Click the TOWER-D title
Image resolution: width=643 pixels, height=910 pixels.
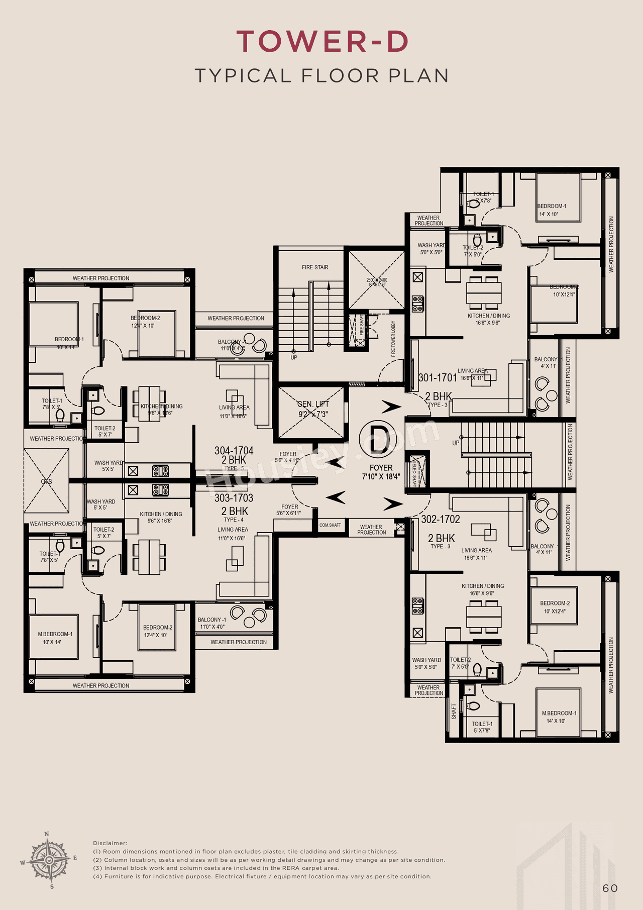322,41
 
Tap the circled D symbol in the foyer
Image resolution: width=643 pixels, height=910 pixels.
378,439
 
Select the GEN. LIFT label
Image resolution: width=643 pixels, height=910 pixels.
313,404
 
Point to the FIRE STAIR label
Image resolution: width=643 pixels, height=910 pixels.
315,267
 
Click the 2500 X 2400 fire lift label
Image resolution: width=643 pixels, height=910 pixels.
377,282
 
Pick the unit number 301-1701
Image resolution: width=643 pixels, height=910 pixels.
438,377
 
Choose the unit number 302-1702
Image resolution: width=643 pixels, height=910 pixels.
441,519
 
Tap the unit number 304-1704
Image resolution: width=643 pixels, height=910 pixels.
234,451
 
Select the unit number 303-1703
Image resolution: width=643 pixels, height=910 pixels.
234,498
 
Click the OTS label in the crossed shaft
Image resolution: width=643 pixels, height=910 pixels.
46,481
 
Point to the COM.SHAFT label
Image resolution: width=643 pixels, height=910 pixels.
330,525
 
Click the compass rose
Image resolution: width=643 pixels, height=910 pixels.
49,860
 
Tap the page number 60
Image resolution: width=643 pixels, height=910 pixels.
610,888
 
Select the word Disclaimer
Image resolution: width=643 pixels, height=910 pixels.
110,843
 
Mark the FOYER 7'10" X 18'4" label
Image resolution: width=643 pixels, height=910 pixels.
381,472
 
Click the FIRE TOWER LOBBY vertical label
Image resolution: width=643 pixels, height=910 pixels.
393,339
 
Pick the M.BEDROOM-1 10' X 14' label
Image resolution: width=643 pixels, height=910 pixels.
55,638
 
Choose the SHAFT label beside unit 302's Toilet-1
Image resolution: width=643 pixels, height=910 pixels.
454,711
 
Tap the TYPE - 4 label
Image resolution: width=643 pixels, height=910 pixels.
234,520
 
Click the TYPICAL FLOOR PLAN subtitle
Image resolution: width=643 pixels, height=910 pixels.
322,76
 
